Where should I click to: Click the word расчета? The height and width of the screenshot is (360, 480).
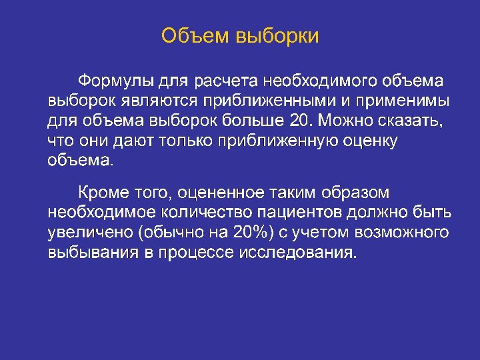225,81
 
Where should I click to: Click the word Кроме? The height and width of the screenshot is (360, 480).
101,193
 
